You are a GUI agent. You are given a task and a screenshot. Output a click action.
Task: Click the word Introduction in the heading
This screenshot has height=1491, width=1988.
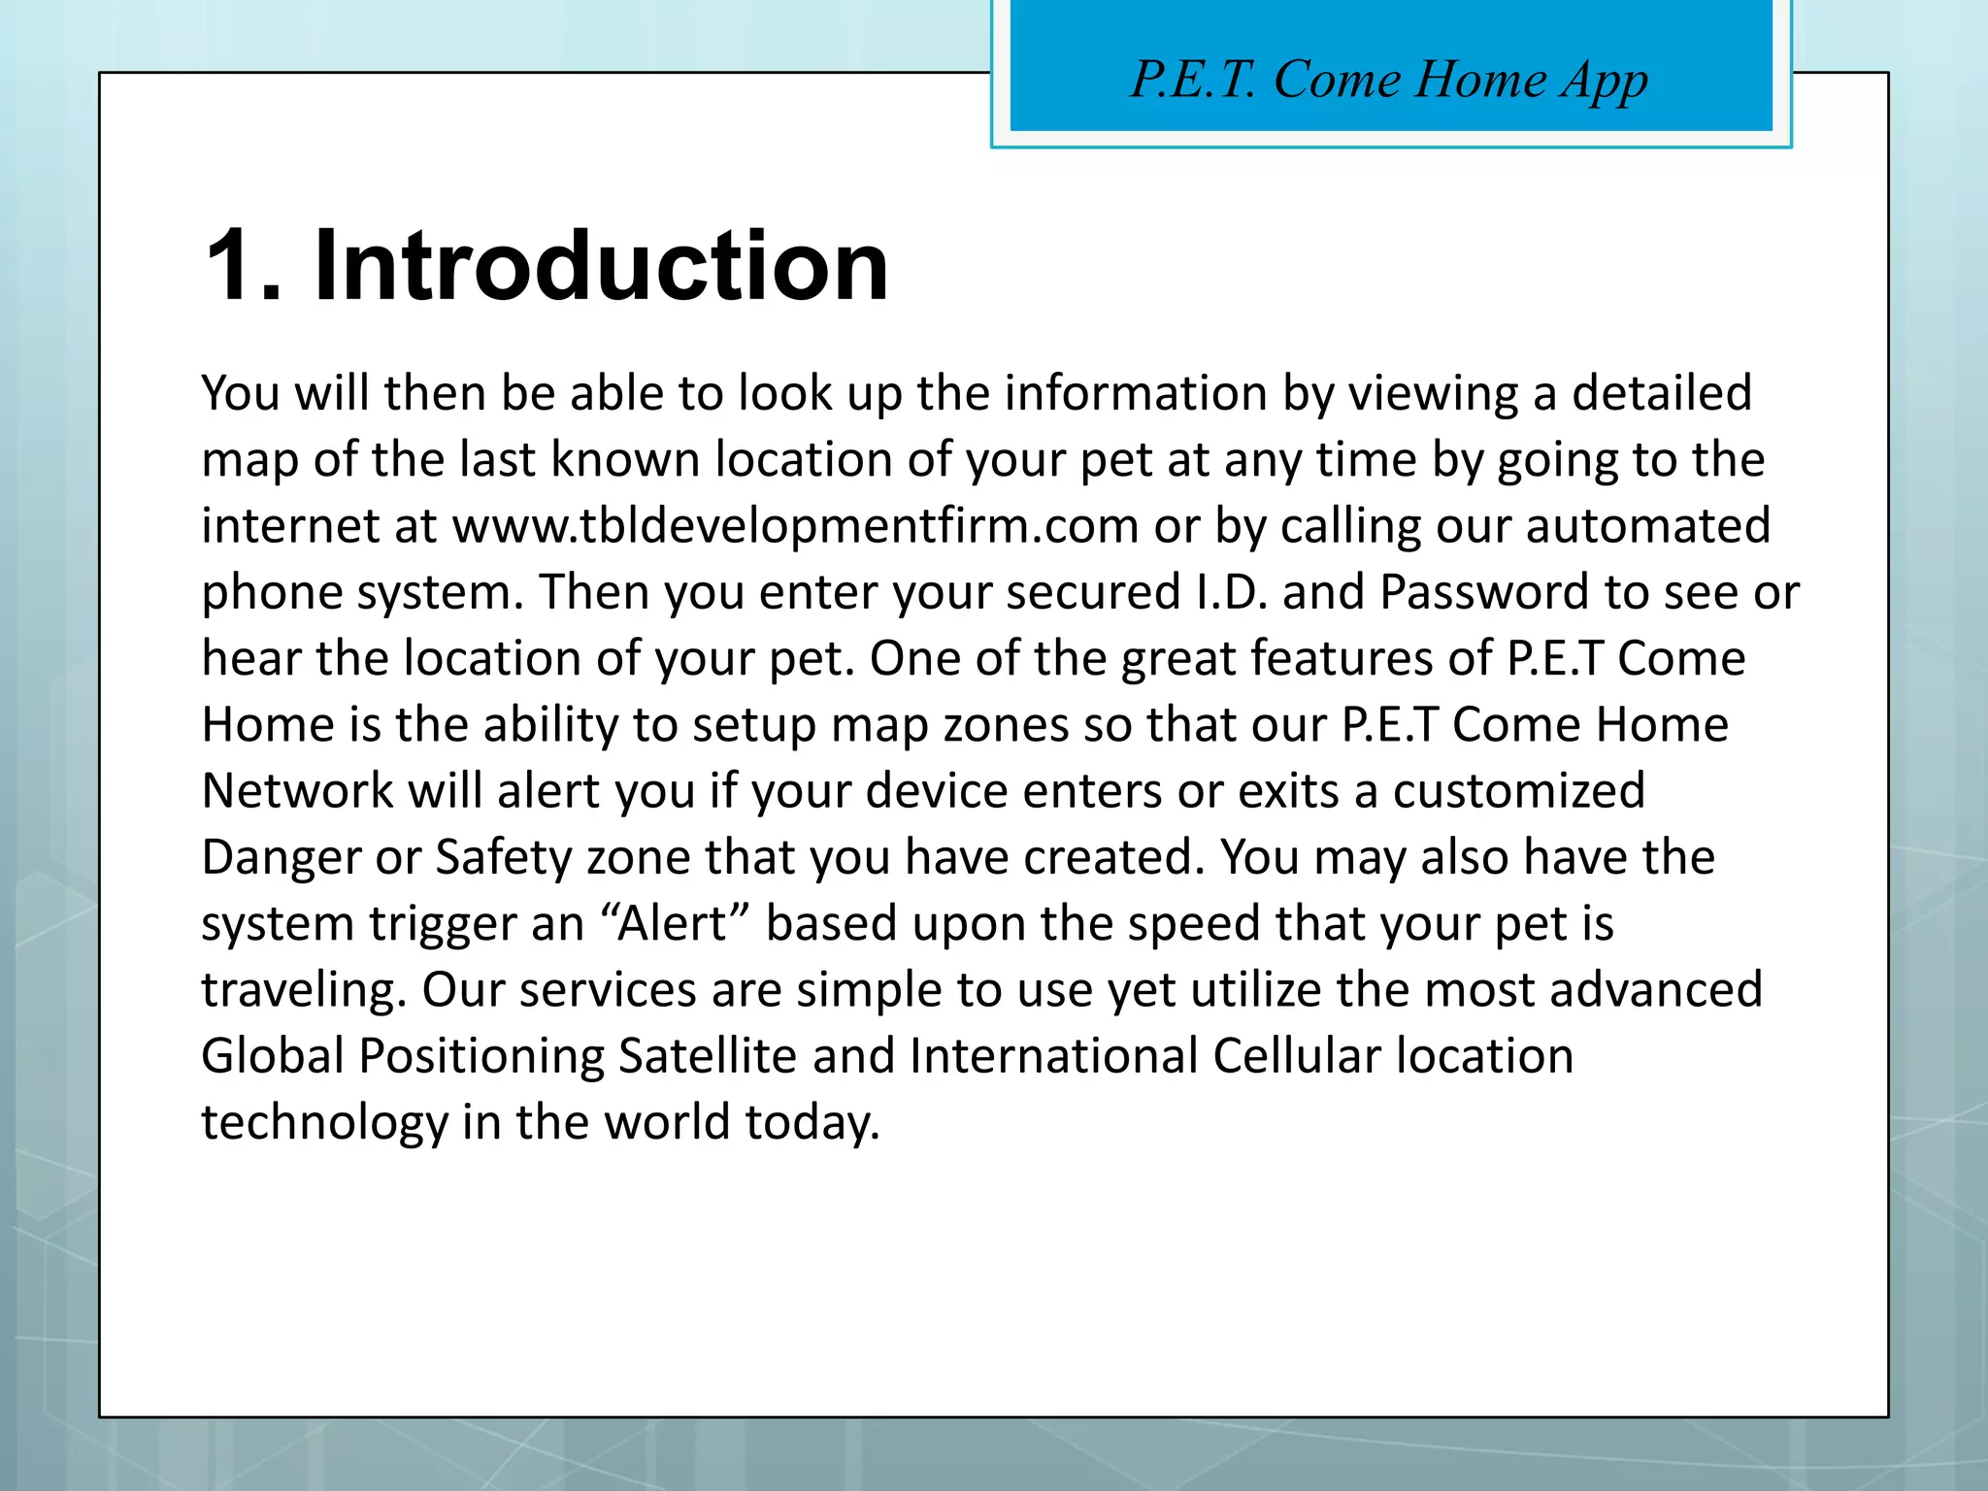pos(601,266)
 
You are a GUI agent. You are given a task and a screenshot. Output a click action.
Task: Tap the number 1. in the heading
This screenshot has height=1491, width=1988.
pos(243,266)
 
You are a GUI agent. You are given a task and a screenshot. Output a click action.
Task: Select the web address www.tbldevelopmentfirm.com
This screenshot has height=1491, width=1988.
pos(795,526)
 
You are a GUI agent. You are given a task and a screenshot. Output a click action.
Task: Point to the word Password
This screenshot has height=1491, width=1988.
pos(1484,592)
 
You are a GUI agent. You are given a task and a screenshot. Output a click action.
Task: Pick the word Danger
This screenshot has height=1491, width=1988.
pos(281,858)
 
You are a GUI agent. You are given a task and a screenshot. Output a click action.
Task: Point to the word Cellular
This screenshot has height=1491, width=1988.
pos(1296,1056)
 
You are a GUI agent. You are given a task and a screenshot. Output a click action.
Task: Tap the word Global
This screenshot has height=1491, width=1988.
pos(273,1056)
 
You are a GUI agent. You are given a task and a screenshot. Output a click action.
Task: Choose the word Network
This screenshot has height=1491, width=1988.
pos(297,791)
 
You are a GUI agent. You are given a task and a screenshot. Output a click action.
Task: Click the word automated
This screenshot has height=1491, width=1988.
pos(1647,526)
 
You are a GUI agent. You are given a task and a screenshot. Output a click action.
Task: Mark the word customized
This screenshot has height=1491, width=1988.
pos(1518,791)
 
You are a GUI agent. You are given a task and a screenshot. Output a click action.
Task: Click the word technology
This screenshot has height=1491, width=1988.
pos(324,1123)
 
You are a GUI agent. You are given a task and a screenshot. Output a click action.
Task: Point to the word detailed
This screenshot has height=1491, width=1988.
pos(1661,393)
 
